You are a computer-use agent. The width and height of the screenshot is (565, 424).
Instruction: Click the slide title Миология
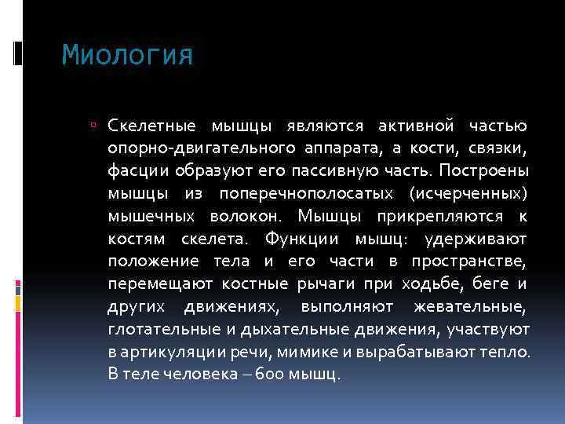pyautogui.click(x=127, y=56)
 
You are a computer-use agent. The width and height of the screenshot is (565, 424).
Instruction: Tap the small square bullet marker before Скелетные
pyautogui.click(x=93, y=126)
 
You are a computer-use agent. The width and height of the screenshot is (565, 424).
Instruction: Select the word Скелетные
pyautogui.click(x=152, y=126)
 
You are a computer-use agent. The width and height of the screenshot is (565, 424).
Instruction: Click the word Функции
pyautogui.click(x=300, y=239)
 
